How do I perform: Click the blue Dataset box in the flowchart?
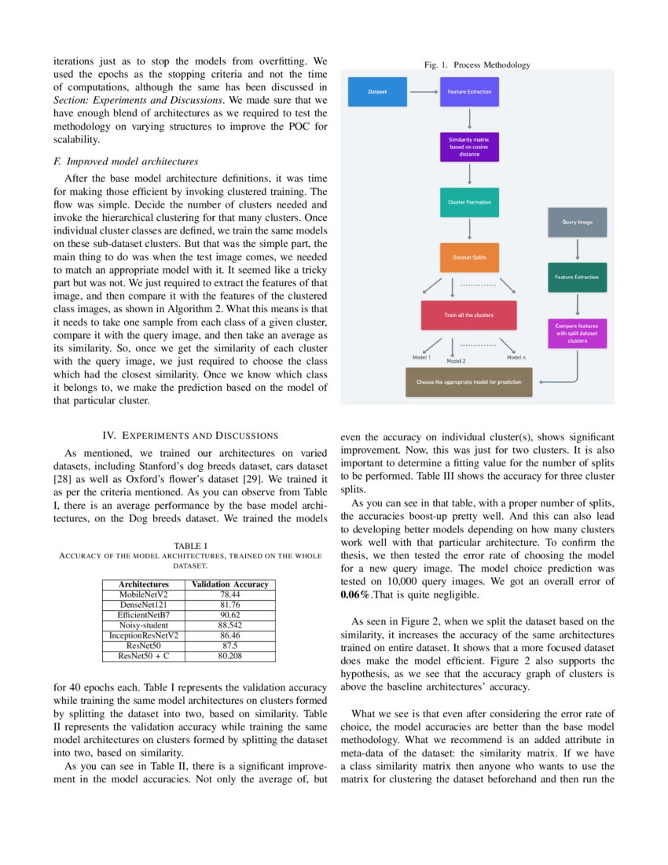click(377, 92)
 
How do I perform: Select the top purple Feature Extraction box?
click(468, 92)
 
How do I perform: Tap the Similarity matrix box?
click(468, 146)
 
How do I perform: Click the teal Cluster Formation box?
click(468, 202)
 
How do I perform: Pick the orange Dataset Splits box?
click(468, 258)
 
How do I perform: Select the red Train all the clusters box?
click(468, 315)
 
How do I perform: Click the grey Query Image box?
click(577, 222)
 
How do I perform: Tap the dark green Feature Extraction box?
click(577, 277)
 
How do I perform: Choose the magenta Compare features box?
click(577, 333)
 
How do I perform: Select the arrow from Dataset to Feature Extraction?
click(423, 92)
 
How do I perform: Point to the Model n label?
click(516, 357)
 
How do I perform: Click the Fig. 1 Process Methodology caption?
click(477, 64)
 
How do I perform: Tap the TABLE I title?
click(190, 545)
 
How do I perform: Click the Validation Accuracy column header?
click(230, 584)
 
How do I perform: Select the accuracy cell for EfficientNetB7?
click(230, 614)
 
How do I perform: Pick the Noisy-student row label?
click(144, 624)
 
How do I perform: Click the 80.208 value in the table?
click(230, 654)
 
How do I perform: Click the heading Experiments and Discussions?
click(190, 435)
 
